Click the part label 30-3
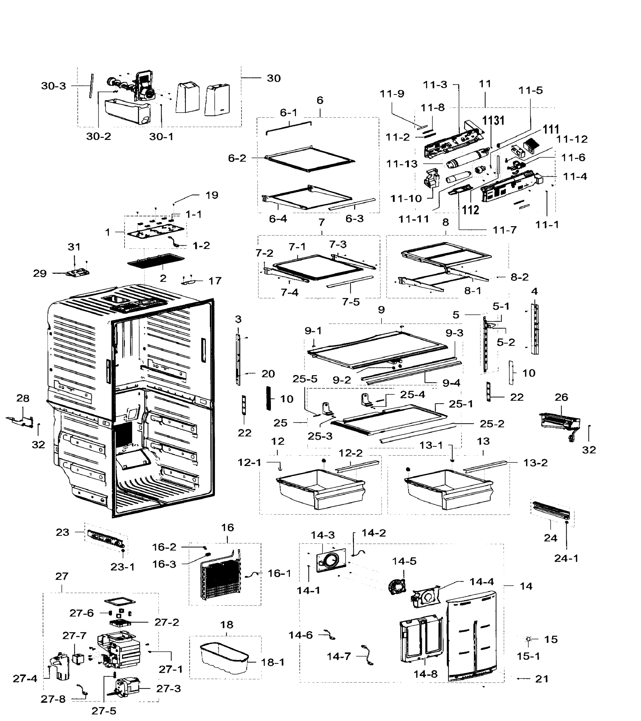click(53, 86)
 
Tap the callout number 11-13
click(402, 164)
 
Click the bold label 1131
click(493, 121)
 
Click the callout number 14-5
click(404, 561)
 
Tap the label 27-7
click(74, 636)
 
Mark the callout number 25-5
click(305, 379)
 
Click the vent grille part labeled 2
click(156, 260)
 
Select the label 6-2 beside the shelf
click(237, 158)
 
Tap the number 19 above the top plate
click(212, 195)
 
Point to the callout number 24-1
click(566, 558)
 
